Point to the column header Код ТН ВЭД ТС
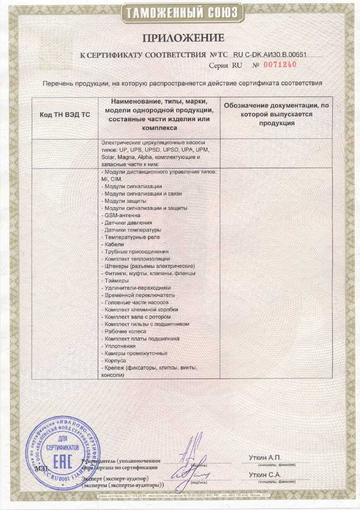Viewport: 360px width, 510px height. pyautogui.click(x=65, y=115)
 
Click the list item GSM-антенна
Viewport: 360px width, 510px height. pyautogui.click(x=119, y=216)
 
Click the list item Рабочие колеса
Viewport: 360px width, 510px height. pyautogui.click(x=125, y=331)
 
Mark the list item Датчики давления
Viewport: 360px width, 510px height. pyautogui.click(x=128, y=223)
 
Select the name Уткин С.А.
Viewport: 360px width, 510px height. pyautogui.click(x=265, y=475)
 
